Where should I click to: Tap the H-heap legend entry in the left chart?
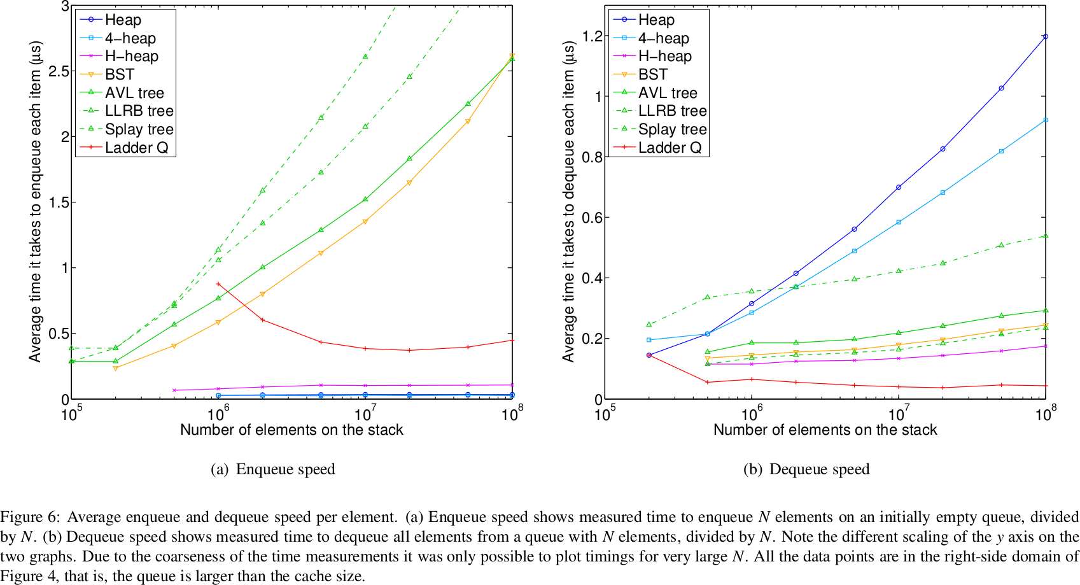pos(131,57)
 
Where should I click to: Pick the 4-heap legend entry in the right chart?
pos(664,38)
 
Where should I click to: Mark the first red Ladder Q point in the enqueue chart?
pos(218,284)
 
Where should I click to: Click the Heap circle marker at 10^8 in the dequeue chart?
pos(1046,37)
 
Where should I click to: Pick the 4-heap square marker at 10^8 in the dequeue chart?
pos(1046,120)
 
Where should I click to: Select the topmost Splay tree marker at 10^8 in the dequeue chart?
pos(1046,236)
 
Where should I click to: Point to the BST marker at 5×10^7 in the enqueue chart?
pos(468,122)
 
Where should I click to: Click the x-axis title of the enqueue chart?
pos(291,430)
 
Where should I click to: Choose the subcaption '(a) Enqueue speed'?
pos(272,470)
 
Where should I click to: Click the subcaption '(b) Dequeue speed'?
pos(806,470)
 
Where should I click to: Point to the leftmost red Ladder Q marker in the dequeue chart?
pos(649,355)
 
